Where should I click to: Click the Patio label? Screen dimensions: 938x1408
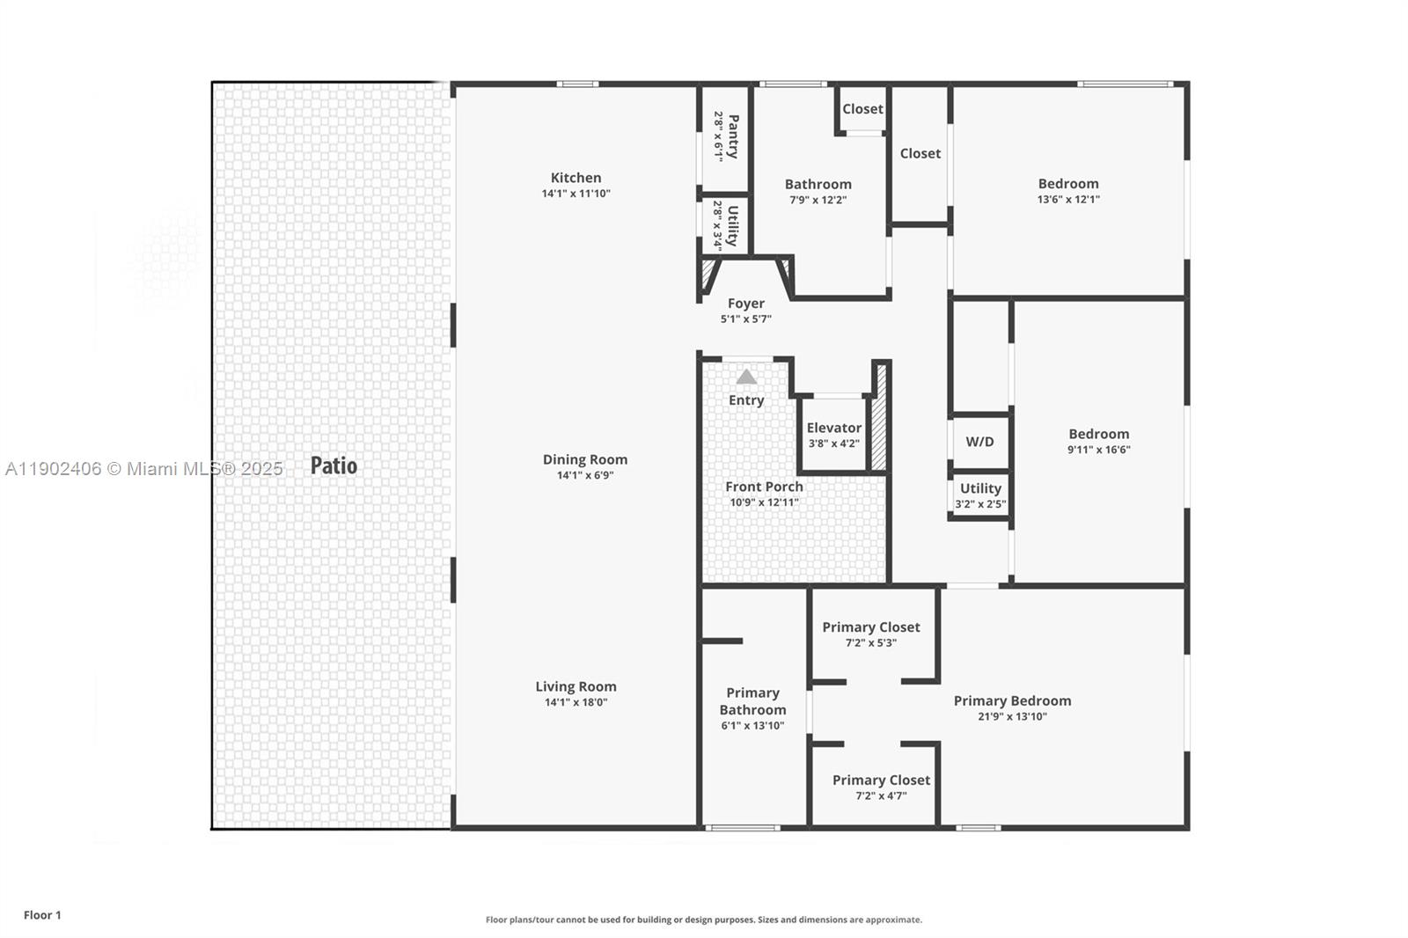coord(334,465)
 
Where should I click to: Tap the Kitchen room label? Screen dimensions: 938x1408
coord(576,178)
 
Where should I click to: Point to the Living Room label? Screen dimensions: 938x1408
coord(576,686)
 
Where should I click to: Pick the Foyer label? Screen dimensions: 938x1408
coord(745,304)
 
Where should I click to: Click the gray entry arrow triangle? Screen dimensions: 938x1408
coord(746,377)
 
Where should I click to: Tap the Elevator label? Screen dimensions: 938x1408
coord(833,428)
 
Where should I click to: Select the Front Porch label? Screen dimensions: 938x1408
coord(764,487)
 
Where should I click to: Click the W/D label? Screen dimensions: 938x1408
coord(979,442)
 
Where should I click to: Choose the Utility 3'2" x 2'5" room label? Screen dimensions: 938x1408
coord(980,488)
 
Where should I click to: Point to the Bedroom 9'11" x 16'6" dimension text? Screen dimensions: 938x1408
coord(1098,450)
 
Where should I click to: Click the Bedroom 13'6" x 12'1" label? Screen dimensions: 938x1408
coord(1067,184)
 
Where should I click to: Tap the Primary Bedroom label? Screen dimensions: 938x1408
coord(1012,700)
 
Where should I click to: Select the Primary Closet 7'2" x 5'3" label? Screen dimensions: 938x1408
coord(870,627)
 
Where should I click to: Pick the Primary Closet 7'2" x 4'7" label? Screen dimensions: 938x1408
coord(881,780)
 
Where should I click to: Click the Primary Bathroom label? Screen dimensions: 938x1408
coord(752,701)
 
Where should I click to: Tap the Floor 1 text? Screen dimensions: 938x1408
coord(42,915)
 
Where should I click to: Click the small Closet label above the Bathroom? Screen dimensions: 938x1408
coord(862,109)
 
